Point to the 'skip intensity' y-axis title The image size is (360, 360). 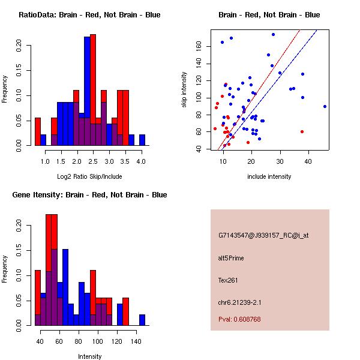[x=184, y=90]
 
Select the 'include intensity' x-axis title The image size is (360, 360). [x=269, y=176]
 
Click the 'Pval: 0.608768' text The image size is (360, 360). [x=239, y=319]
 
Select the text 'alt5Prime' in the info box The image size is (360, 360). [x=231, y=259]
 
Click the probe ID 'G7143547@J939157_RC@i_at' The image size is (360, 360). [x=263, y=236]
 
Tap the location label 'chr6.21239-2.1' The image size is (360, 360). [x=239, y=302]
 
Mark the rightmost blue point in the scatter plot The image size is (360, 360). [x=325, y=106]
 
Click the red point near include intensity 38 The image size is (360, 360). [x=302, y=131]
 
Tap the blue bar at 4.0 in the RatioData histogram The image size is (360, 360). [x=142, y=140]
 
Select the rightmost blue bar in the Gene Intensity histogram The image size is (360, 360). [x=142, y=320]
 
